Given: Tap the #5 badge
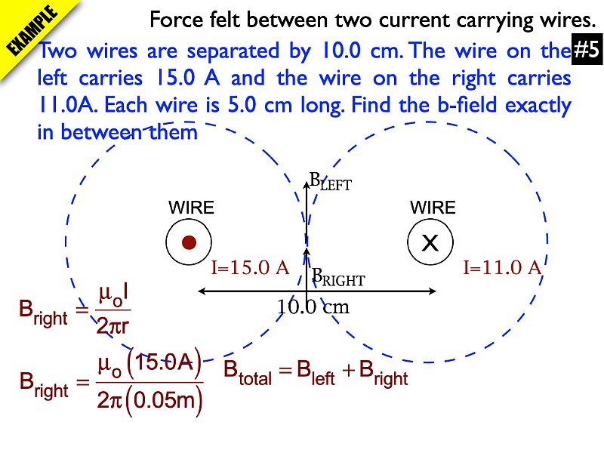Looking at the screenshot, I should (x=586, y=51).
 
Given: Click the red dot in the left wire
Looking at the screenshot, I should (x=190, y=242).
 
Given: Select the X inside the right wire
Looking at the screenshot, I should (x=430, y=243).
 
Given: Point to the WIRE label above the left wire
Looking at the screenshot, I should (x=191, y=208).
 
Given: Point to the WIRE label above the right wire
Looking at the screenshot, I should (x=433, y=208).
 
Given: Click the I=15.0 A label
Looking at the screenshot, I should (x=250, y=267).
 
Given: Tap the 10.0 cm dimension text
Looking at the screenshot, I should (x=313, y=307).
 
